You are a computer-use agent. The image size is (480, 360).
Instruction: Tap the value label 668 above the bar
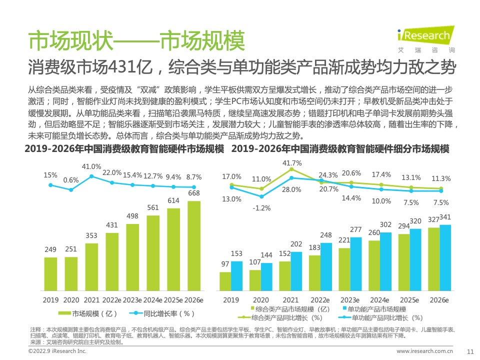click(194, 193)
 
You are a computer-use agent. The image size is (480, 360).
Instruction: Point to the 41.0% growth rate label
click(91, 166)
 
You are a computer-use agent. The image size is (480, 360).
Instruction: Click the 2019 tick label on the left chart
click(50, 300)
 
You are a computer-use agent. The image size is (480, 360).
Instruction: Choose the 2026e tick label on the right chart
click(439, 300)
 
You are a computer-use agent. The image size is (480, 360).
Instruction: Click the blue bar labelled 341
click(445, 257)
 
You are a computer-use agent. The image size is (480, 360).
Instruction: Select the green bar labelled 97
click(225, 281)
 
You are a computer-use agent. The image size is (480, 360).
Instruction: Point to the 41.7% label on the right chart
click(292, 163)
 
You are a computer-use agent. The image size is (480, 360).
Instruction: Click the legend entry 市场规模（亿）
click(88, 313)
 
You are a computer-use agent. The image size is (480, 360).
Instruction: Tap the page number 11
click(469, 351)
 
